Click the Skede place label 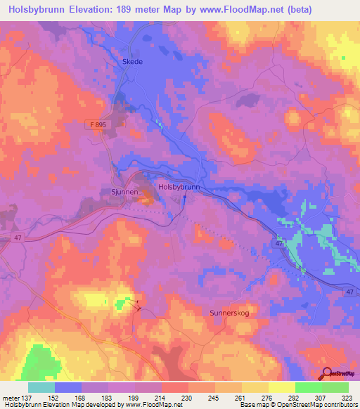coord(133,62)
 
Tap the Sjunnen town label coord(127,190)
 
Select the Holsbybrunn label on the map coord(179,188)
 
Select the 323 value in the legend coord(347,397)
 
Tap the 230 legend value coord(187,397)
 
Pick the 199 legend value coord(134,397)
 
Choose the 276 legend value coord(266,397)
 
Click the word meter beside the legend coord(11,397)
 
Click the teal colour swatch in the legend coord(41,387)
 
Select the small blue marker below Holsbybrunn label coord(185,197)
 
